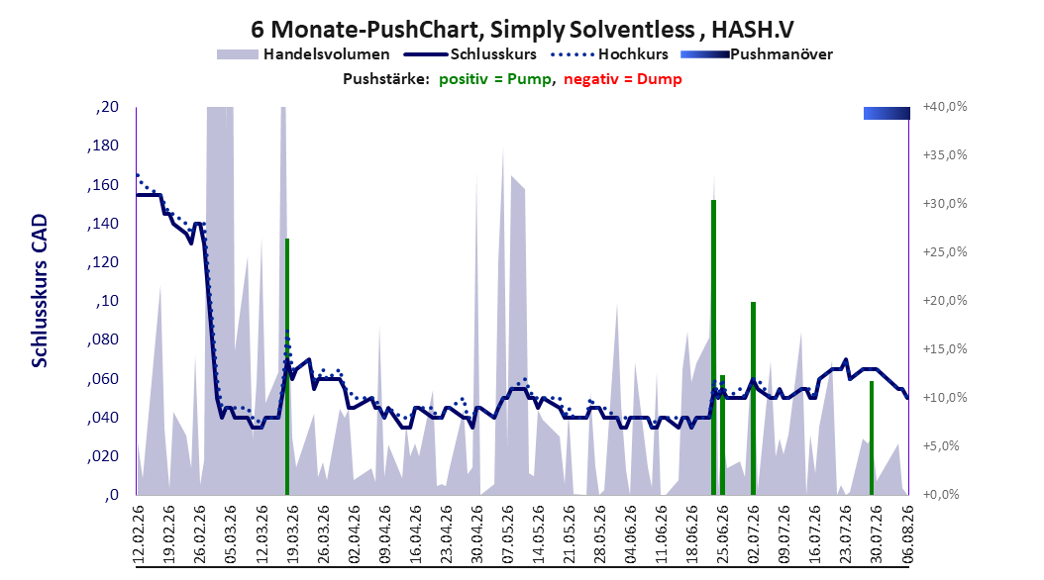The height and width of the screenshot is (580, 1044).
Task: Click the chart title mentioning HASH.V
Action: (x=522, y=30)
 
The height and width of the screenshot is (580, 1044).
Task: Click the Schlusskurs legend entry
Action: (x=470, y=54)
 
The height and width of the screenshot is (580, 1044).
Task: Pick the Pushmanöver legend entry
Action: (x=757, y=54)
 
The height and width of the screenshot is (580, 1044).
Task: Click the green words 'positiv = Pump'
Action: (x=495, y=79)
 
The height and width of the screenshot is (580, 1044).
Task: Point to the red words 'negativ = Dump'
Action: (x=623, y=79)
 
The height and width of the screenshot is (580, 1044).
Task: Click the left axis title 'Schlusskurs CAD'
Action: (x=40, y=291)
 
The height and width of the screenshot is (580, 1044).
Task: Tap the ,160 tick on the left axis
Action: (x=103, y=185)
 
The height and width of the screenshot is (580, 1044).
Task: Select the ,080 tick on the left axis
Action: (x=103, y=339)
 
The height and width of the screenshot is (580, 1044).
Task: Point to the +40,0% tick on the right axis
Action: (x=945, y=107)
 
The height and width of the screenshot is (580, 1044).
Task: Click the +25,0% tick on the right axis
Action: (x=945, y=252)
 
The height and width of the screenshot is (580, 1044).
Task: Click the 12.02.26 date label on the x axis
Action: (x=138, y=534)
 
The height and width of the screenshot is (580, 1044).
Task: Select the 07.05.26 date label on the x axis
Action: (x=507, y=534)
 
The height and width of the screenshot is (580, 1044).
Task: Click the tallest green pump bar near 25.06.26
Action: (x=713, y=347)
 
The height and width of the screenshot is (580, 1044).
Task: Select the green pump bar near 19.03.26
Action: (x=287, y=366)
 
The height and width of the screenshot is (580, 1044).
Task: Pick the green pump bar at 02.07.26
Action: (x=753, y=399)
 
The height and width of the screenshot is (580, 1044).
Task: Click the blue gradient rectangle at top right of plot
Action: (x=887, y=113)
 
